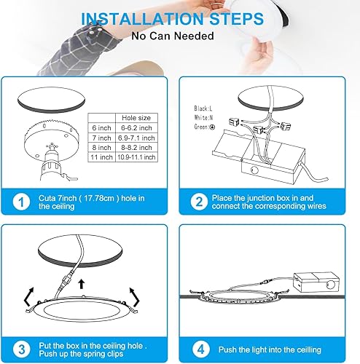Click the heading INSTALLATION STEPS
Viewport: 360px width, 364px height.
tap(179, 17)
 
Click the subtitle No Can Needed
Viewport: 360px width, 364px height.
tap(179, 34)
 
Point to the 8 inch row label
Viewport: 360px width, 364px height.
tap(101, 146)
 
